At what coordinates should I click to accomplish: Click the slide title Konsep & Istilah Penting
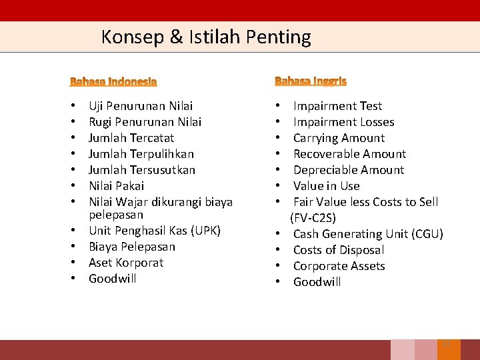[x=206, y=37]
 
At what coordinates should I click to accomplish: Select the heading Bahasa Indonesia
[x=113, y=81]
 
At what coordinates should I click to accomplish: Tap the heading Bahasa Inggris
[x=311, y=81]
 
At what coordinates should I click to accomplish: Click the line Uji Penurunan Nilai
[x=141, y=106]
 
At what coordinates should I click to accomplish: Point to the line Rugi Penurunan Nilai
[x=145, y=122]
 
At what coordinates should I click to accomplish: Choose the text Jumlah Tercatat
[x=131, y=138]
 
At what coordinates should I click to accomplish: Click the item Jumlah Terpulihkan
[x=141, y=154]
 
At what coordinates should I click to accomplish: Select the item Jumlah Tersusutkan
[x=142, y=170]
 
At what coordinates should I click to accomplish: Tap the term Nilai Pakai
[x=116, y=186]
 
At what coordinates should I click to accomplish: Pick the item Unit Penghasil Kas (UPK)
[x=154, y=231]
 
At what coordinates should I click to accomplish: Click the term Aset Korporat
[x=126, y=263]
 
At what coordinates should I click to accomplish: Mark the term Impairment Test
[x=337, y=106]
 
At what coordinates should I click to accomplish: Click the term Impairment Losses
[x=343, y=122]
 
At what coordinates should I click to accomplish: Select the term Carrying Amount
[x=339, y=138]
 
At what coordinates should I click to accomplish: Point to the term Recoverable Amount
[x=349, y=154]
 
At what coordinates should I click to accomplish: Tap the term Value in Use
[x=326, y=186]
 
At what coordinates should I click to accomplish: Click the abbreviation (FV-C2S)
[x=313, y=218]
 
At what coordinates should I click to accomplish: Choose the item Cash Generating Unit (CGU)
[x=368, y=234]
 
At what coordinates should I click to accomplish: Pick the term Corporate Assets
[x=339, y=266]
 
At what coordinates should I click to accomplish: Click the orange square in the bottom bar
[x=448, y=349]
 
